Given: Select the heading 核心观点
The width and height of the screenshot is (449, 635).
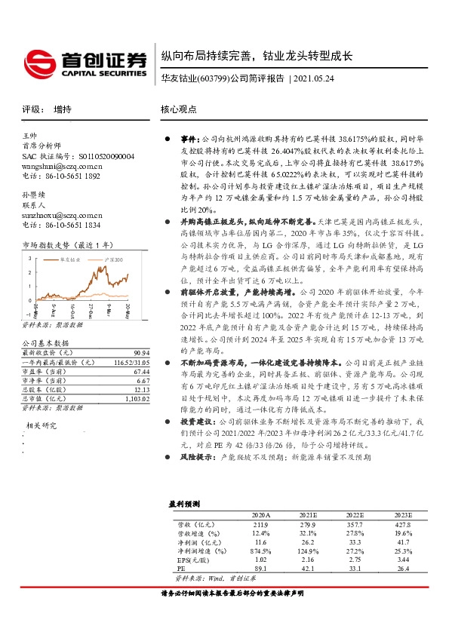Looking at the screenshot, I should (x=179, y=109).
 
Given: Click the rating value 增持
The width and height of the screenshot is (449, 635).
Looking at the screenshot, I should (x=63, y=109).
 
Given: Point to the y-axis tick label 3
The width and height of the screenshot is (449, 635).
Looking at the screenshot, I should (x=29, y=256).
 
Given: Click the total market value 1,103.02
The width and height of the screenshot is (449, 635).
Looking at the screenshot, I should (x=138, y=399).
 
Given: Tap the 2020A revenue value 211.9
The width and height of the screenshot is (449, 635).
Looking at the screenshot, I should (x=260, y=523).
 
